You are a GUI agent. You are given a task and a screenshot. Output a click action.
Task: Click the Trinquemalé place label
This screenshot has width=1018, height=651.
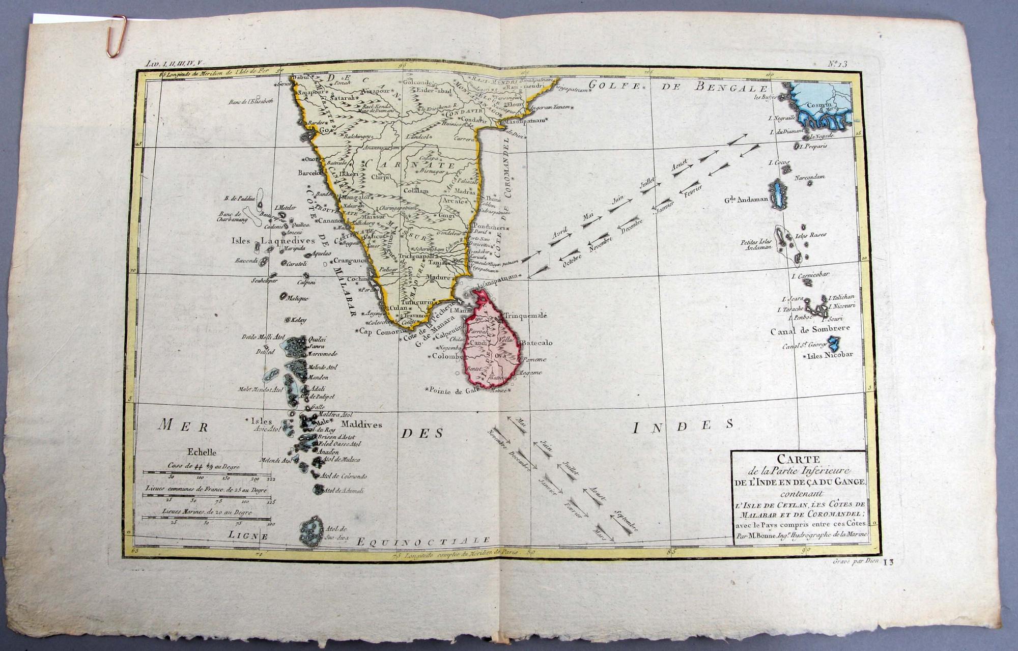click(x=525, y=316)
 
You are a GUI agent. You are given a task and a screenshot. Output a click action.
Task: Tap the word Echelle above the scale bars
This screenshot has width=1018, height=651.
click(x=202, y=452)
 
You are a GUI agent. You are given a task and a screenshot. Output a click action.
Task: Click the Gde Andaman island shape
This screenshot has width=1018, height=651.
click(x=779, y=194)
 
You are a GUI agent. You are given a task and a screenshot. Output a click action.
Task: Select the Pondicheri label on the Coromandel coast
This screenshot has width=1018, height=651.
click(x=489, y=227)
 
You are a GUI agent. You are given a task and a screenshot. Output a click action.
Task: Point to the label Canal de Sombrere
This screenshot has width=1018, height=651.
click(x=809, y=330)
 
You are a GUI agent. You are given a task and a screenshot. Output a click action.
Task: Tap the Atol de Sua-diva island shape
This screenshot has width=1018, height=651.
click(x=310, y=532)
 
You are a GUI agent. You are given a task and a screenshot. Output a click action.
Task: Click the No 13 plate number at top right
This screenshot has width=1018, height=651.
click(x=837, y=64)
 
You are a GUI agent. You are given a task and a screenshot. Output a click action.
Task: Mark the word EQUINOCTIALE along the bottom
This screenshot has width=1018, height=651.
click(x=423, y=541)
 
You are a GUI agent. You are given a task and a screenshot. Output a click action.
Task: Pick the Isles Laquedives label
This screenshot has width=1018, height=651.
click(x=267, y=240)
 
